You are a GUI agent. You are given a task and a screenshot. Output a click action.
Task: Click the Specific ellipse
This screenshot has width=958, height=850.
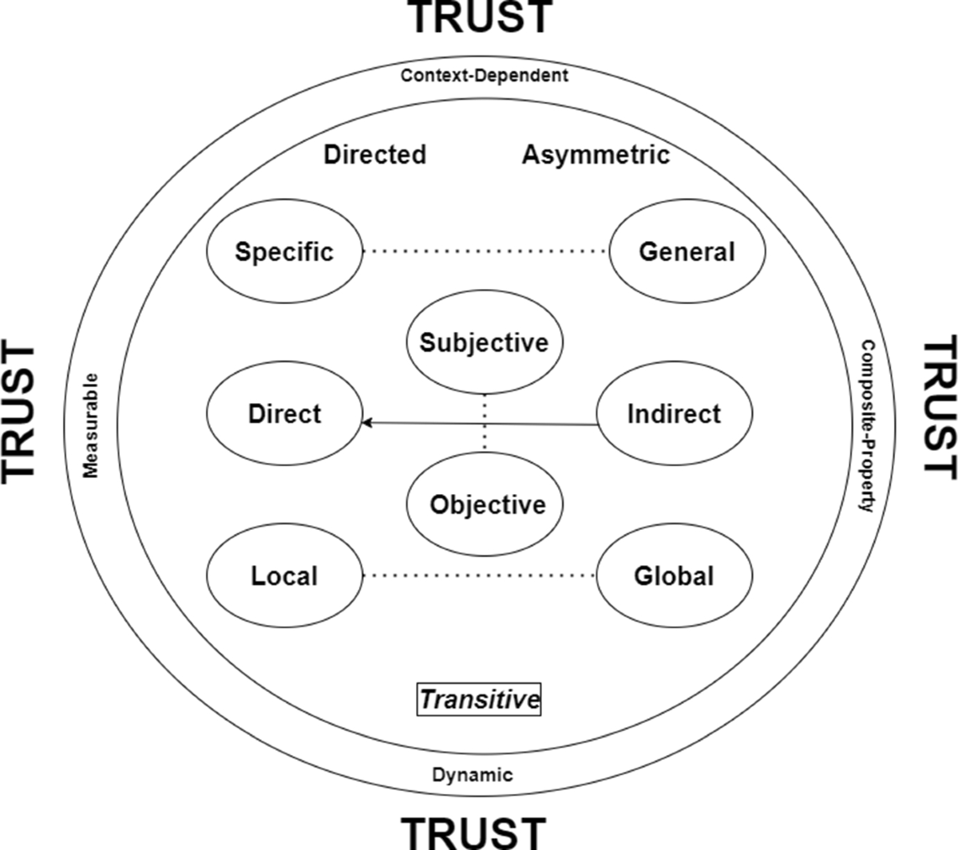pos(284,251)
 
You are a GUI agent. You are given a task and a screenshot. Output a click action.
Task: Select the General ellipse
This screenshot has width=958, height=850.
pos(687,251)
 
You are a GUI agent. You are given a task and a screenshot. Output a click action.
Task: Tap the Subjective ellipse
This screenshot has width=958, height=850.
pos(485,342)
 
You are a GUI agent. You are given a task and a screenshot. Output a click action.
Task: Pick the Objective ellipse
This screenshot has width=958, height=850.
pos(487,504)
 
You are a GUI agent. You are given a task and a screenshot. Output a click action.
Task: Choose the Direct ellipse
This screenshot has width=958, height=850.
pos(284,413)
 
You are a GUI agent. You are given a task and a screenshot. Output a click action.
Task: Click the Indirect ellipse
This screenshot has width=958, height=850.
pos(674,413)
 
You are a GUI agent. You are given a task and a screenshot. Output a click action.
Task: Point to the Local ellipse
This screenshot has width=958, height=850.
pos(284,575)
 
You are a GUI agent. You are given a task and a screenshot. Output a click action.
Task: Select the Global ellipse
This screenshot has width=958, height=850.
pos(674,575)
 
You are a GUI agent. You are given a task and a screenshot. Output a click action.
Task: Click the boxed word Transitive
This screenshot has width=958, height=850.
pos(479,699)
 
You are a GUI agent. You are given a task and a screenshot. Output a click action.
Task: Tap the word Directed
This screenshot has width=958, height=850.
pos(375,154)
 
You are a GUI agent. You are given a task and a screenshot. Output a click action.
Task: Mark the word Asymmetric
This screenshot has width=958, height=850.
pos(596,154)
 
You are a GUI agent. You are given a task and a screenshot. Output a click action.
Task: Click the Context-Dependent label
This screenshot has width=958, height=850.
pos(485,76)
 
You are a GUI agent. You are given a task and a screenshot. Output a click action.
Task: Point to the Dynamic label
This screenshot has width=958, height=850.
pos(473,774)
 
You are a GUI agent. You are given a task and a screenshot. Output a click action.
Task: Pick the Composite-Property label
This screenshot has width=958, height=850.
pos(867,425)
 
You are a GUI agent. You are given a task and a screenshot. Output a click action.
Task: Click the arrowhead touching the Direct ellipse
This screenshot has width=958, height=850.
pos(368,422)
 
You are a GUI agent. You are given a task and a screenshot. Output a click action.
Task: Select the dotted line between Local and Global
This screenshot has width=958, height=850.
pos(479,575)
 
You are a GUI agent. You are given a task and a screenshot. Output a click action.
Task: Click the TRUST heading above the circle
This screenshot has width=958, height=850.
pos(481,18)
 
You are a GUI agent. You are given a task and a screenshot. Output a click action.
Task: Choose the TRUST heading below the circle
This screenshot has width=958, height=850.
pos(473,832)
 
